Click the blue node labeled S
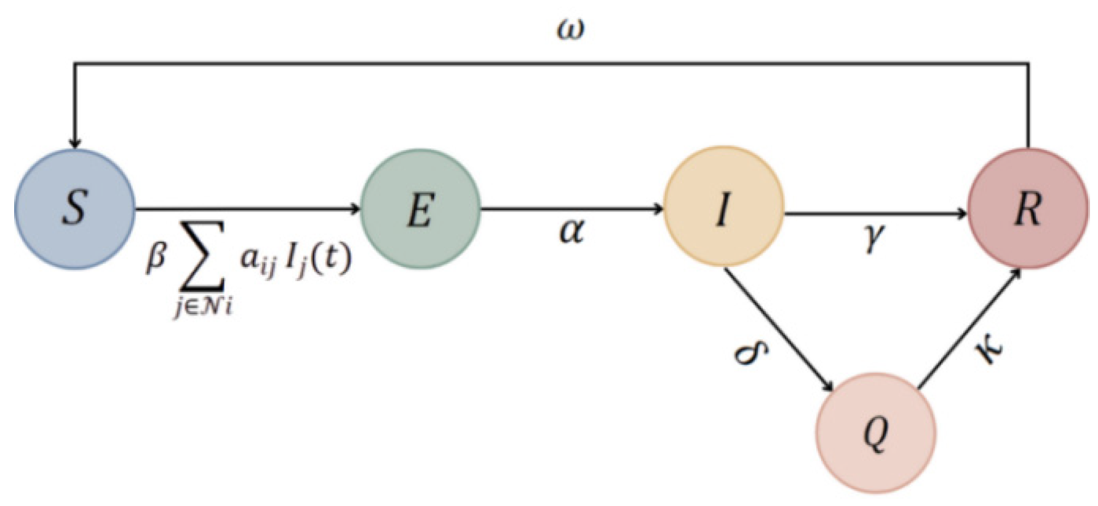pyautogui.click(x=74, y=209)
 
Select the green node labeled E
pyautogui.click(x=420, y=209)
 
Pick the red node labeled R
pyautogui.click(x=1028, y=209)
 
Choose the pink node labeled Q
pyautogui.click(x=876, y=433)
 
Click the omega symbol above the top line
pyautogui.click(x=570, y=30)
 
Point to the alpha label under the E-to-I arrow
pyautogui.click(x=571, y=232)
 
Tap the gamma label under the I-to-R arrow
pyautogui.click(x=874, y=237)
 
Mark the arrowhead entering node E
pyautogui.click(x=354, y=209)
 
